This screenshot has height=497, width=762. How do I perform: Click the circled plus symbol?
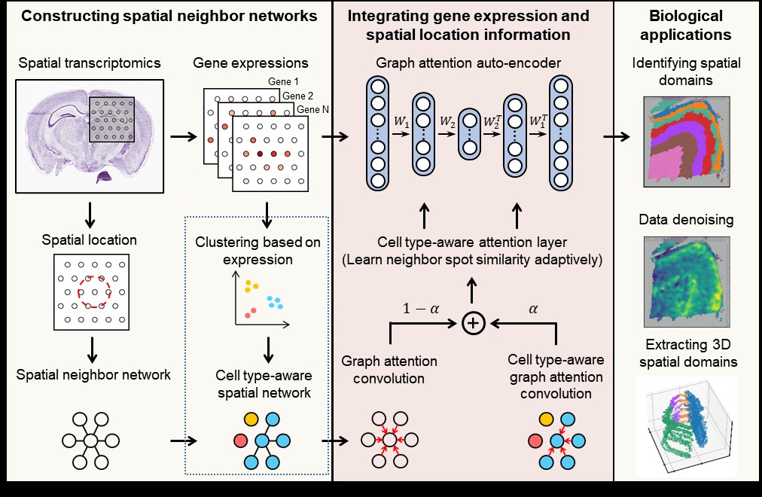coord(473,323)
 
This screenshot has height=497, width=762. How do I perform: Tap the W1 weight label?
coord(401,120)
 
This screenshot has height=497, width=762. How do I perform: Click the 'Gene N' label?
coord(312,110)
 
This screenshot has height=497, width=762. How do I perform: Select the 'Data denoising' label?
coord(686,220)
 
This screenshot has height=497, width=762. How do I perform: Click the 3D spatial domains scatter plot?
coord(687,425)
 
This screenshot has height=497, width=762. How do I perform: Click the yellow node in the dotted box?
coord(251,419)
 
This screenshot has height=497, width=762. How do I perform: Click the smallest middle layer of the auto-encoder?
coord(470,133)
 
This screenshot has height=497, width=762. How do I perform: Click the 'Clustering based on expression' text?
coord(258,252)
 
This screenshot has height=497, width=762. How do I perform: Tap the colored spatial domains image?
coord(686,142)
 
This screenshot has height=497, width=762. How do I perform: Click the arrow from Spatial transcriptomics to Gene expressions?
coord(181,137)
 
